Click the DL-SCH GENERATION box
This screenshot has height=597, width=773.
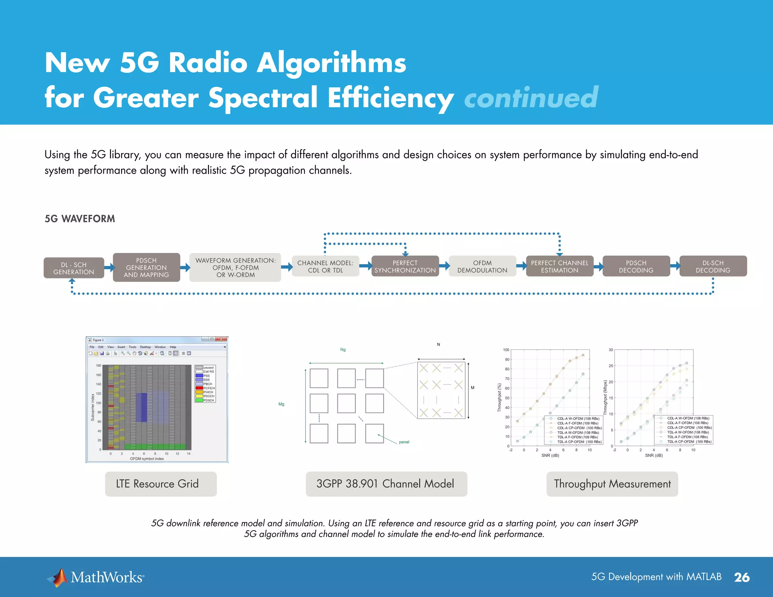tap(74, 268)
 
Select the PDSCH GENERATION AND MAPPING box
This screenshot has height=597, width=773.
tap(146, 268)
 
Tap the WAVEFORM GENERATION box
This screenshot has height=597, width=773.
tap(235, 268)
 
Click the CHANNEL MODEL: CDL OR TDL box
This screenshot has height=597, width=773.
tap(325, 266)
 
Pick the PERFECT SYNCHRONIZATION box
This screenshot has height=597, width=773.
tap(405, 266)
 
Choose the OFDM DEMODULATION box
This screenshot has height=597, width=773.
tap(482, 266)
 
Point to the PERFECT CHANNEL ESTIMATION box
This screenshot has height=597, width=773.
tap(559, 266)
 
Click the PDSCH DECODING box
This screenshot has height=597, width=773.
tap(636, 266)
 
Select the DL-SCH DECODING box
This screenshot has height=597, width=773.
tap(713, 266)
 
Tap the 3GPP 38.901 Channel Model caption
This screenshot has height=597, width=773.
tap(386, 484)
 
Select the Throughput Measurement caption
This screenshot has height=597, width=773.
tap(612, 484)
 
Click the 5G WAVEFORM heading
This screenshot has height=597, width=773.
tap(80, 219)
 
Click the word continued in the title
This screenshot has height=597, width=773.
tap(531, 98)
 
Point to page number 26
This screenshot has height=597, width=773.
tap(742, 577)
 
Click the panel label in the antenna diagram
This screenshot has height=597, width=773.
tap(404, 442)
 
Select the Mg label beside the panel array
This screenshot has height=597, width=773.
tap(281, 404)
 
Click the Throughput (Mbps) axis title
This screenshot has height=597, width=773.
tap(605, 397)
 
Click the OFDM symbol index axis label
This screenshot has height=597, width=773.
tap(147, 459)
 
